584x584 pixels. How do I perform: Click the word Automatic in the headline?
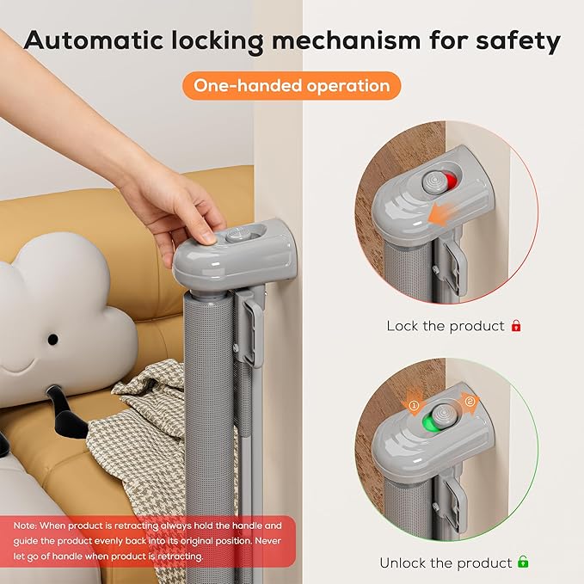tap(94, 40)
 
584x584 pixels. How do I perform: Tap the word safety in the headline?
tap(518, 41)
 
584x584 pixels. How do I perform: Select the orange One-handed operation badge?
tap(292, 86)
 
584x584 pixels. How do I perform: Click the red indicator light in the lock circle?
tap(451, 181)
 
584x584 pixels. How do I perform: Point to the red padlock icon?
tap(516, 325)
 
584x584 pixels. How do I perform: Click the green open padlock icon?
tap(523, 562)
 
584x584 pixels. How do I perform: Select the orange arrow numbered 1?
tap(414, 404)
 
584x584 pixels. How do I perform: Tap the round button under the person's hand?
tap(235, 236)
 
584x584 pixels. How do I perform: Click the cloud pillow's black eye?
tap(52, 339)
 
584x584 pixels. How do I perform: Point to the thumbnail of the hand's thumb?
tap(207, 237)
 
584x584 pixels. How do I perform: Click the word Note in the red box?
tap(25, 526)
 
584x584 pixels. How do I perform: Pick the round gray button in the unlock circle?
tap(444, 415)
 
